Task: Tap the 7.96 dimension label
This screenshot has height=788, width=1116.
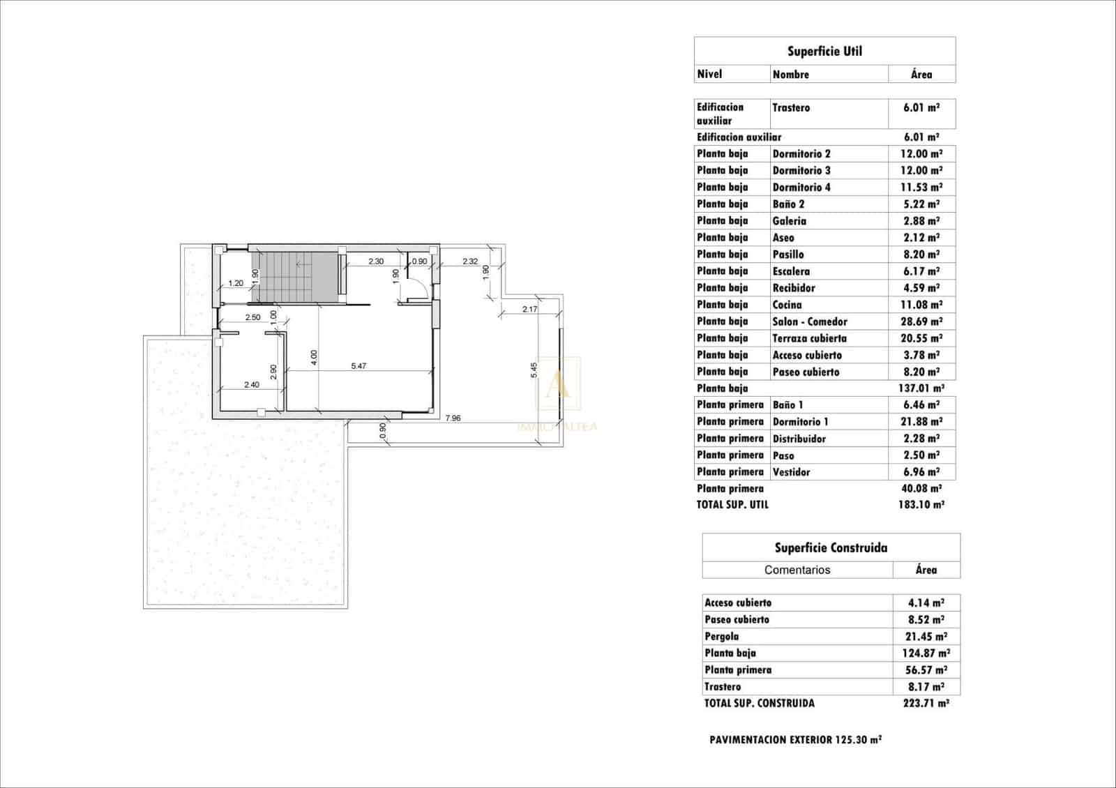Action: (x=453, y=418)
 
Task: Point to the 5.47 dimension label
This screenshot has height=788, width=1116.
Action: (x=359, y=365)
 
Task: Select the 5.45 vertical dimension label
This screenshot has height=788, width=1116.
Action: (x=534, y=370)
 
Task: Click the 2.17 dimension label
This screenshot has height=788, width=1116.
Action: (x=529, y=309)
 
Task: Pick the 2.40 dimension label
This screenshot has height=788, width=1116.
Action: (x=251, y=384)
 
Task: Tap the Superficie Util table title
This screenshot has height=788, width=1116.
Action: (x=824, y=51)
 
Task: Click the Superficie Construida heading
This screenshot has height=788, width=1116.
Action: (x=831, y=547)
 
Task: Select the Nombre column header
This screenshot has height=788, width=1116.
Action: (x=790, y=74)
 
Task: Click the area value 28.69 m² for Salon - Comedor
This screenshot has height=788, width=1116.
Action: (x=921, y=321)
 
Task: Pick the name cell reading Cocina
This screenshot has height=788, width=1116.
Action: (x=787, y=305)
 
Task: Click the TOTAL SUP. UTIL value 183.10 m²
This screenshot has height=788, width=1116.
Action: (x=921, y=504)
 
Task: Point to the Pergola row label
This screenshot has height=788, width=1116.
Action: (x=721, y=636)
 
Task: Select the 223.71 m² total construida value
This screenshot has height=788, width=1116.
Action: (x=925, y=703)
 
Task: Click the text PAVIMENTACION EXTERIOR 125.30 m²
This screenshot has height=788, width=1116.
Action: (x=795, y=739)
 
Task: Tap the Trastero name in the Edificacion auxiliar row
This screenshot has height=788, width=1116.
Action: (x=791, y=107)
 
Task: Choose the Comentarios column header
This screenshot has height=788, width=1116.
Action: (x=797, y=570)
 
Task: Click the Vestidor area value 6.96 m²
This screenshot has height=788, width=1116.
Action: (x=921, y=472)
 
